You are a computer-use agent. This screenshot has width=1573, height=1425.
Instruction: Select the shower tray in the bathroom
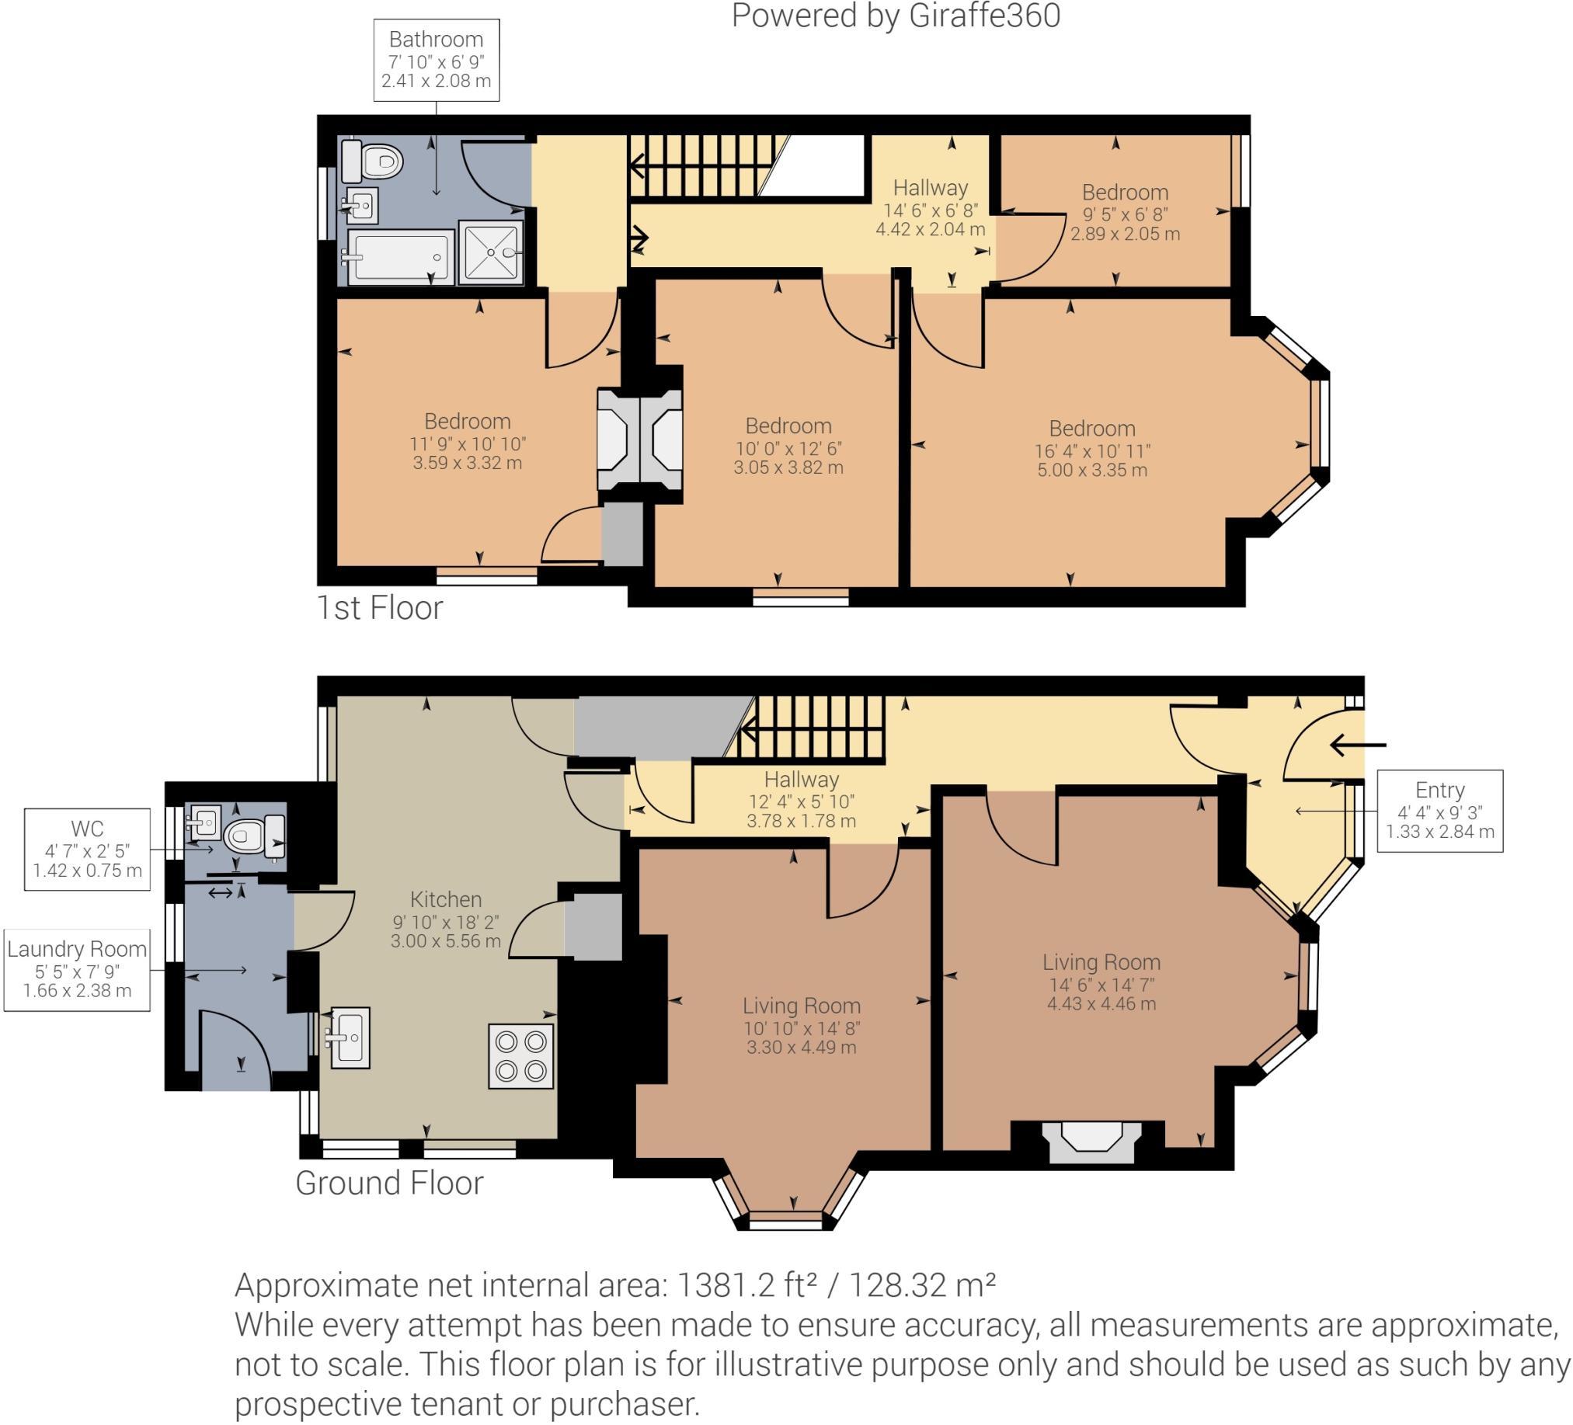pyautogui.click(x=491, y=252)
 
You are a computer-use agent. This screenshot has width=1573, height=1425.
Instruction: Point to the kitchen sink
pyautogui.click(x=350, y=1037)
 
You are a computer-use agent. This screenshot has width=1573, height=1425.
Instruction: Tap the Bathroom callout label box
pyautogui.click(x=436, y=60)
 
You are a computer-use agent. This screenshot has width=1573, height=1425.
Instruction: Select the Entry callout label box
pyautogui.click(x=1439, y=811)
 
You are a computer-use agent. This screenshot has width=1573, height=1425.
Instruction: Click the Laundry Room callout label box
pyautogui.click(x=77, y=969)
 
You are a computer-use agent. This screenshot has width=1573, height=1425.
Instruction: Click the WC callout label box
pyautogui.click(x=87, y=850)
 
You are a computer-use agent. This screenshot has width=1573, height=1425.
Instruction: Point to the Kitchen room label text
pyautogui.click(x=446, y=898)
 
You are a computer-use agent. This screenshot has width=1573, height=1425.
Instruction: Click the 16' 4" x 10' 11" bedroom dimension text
pyautogui.click(x=1091, y=451)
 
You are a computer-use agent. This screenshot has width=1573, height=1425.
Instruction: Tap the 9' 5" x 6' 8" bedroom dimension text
pyautogui.click(x=1124, y=213)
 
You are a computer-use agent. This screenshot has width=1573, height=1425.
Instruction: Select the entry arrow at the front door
pyautogui.click(x=1358, y=745)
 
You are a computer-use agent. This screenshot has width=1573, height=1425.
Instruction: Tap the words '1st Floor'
pyautogui.click(x=379, y=607)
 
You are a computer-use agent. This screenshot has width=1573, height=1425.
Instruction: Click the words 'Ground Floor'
pyautogui.click(x=389, y=1183)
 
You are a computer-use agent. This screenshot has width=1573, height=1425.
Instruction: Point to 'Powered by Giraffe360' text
pyautogui.click(x=895, y=16)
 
